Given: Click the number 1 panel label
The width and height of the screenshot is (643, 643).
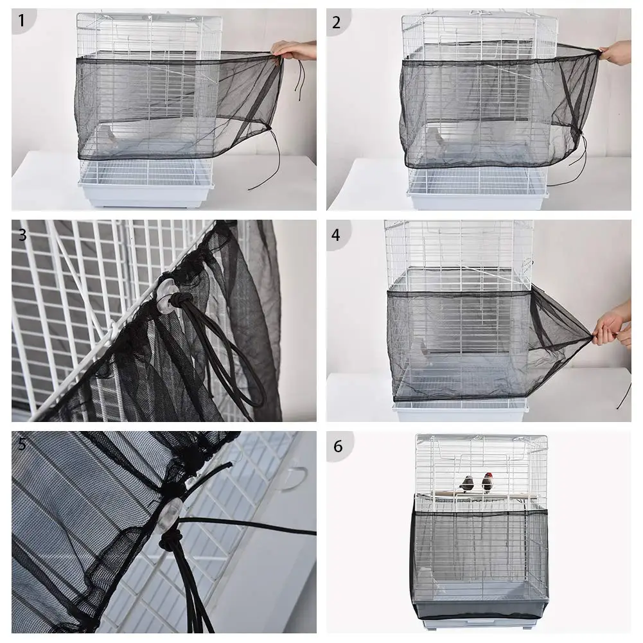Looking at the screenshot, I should click(x=22, y=21).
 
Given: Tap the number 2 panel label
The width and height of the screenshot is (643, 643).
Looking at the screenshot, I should click(x=337, y=22).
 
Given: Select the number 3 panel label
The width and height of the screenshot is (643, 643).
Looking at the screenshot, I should click(x=22, y=234).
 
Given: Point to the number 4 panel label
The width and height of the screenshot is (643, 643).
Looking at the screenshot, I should click(x=336, y=234).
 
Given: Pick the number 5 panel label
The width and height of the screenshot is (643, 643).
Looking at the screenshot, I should click(x=22, y=445).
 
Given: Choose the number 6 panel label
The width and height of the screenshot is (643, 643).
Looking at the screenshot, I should click(x=337, y=446).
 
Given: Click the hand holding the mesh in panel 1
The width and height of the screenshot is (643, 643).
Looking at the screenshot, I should click(x=292, y=49).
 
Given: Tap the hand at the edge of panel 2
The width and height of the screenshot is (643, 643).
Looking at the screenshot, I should click(x=615, y=53).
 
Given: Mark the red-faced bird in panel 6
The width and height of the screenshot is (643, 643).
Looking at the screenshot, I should click(x=488, y=481).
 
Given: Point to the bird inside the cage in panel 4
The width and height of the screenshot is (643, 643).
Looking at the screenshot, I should click(x=423, y=349).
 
